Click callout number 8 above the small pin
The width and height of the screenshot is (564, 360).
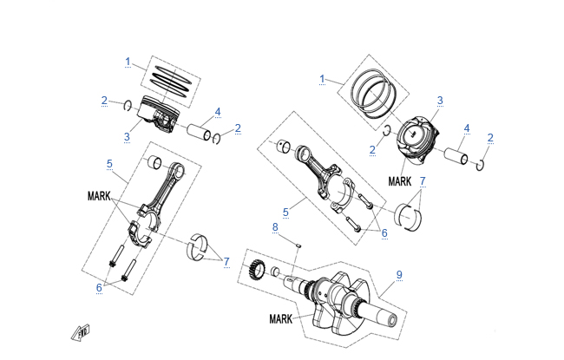pyautogui.click(x=275, y=227)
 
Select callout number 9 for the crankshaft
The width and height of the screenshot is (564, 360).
pyautogui.click(x=399, y=275)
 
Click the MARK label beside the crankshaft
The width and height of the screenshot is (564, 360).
pyautogui.click(x=281, y=319)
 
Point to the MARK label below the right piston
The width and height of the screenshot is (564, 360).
pyautogui.click(x=400, y=182)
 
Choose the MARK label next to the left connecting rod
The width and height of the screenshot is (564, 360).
pyautogui.click(x=99, y=197)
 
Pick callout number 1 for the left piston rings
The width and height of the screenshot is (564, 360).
pyautogui.click(x=128, y=62)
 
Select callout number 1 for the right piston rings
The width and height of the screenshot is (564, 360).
pyautogui.click(x=322, y=78)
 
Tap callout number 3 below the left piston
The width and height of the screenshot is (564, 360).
pyautogui.click(x=127, y=137)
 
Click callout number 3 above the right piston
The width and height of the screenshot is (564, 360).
pyautogui.click(x=440, y=101)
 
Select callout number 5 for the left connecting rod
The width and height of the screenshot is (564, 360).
pyautogui.click(x=109, y=163)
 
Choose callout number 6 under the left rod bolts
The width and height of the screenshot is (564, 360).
pyautogui.click(x=99, y=286)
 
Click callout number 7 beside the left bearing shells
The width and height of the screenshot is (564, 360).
pyautogui.click(x=226, y=261)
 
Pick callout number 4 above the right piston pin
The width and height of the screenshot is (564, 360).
pyautogui.click(x=467, y=128)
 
